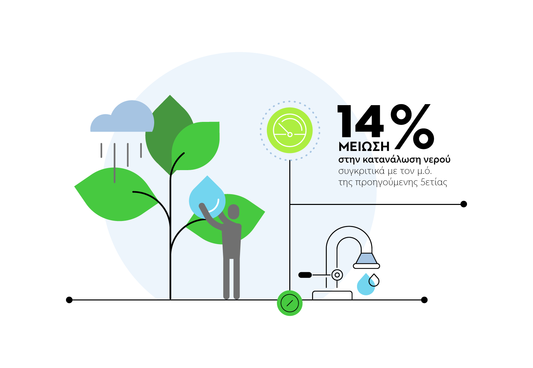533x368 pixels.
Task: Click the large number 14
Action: [x=360, y=121]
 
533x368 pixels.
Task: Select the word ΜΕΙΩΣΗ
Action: [x=364, y=147]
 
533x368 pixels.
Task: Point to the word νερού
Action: [x=437, y=160]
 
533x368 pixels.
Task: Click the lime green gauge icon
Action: [x=290, y=130]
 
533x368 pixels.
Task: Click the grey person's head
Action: [x=233, y=212]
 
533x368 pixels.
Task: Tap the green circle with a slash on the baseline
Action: [x=290, y=303]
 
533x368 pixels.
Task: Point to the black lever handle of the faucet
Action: [x=305, y=275]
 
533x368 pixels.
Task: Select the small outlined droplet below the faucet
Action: [x=374, y=281]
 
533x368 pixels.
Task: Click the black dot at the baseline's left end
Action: [x=69, y=300]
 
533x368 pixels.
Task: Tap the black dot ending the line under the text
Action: [x=464, y=204]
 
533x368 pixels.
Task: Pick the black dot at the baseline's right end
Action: [x=424, y=300]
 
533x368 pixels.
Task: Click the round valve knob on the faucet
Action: [x=337, y=275]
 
